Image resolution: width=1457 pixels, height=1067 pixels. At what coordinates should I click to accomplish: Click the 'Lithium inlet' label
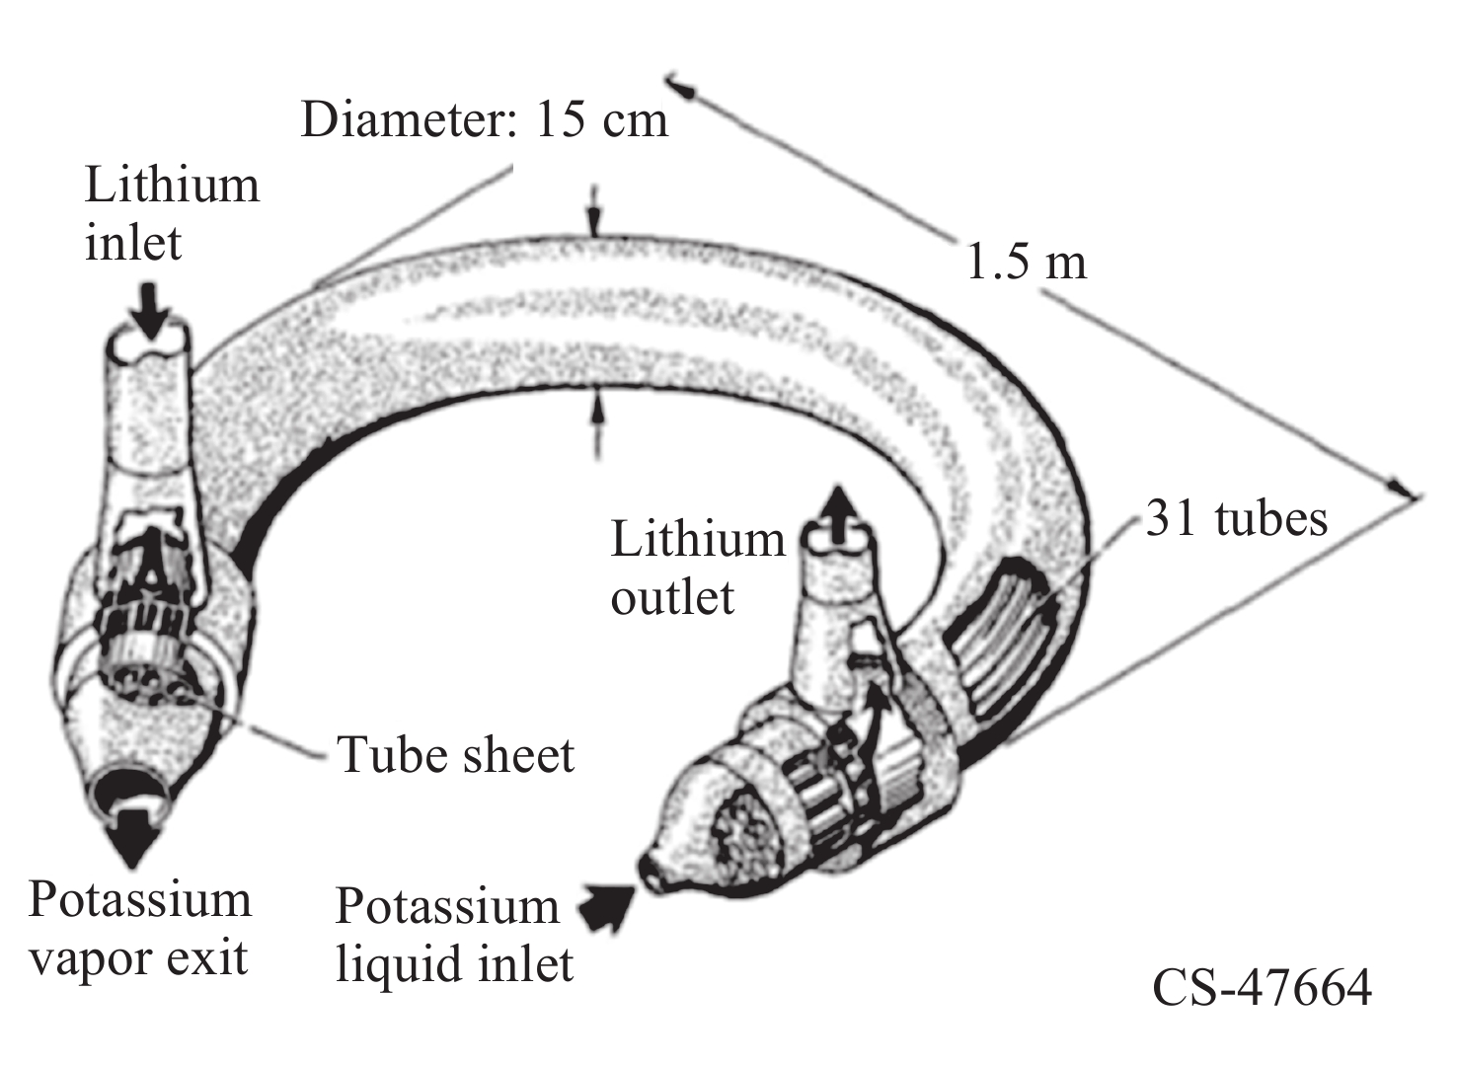click(172, 213)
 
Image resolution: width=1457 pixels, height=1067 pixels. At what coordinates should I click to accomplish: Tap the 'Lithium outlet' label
click(697, 568)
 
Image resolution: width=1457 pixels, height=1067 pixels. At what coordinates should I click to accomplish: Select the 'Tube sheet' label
click(455, 755)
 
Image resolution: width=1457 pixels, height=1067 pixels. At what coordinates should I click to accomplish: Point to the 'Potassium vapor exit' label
click(139, 929)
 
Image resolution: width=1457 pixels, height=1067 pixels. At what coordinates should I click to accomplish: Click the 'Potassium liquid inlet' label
click(453, 935)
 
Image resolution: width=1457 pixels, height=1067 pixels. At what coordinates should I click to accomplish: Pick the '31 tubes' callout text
click(1236, 518)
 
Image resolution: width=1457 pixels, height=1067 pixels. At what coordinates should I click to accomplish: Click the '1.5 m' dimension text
click(1026, 263)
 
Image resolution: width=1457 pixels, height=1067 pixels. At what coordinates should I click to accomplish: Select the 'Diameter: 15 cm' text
click(484, 120)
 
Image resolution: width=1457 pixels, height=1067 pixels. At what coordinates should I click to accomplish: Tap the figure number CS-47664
click(1262, 987)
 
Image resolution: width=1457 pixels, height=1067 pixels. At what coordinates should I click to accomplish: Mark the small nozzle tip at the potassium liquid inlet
click(652, 870)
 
